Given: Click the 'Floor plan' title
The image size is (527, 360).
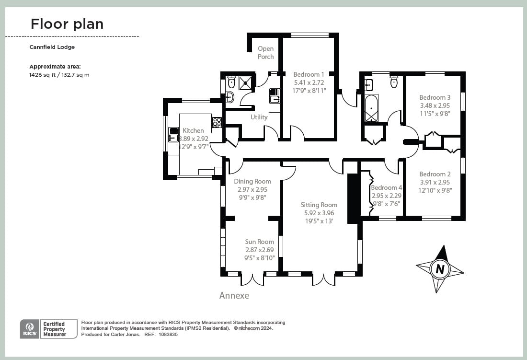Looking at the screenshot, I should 67,24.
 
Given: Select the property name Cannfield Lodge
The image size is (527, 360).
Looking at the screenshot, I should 52,47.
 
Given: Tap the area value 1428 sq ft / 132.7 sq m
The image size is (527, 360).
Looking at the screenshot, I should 59,75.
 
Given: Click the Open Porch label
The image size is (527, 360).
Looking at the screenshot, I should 266,53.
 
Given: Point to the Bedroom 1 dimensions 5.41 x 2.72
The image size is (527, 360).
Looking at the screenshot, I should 309,82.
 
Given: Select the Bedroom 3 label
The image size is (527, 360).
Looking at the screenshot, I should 435,97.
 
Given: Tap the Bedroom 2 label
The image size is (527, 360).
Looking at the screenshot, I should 435,174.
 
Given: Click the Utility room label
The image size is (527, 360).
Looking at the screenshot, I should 259,117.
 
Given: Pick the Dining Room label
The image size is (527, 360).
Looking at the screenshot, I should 252,181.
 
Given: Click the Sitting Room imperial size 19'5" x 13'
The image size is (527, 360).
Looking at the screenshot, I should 319,221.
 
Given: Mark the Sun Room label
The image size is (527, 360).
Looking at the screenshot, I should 259,242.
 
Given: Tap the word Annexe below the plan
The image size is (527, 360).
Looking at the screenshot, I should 234,296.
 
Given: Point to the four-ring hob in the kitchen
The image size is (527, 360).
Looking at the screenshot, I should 217,122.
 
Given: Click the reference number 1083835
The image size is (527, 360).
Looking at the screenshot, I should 168,335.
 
